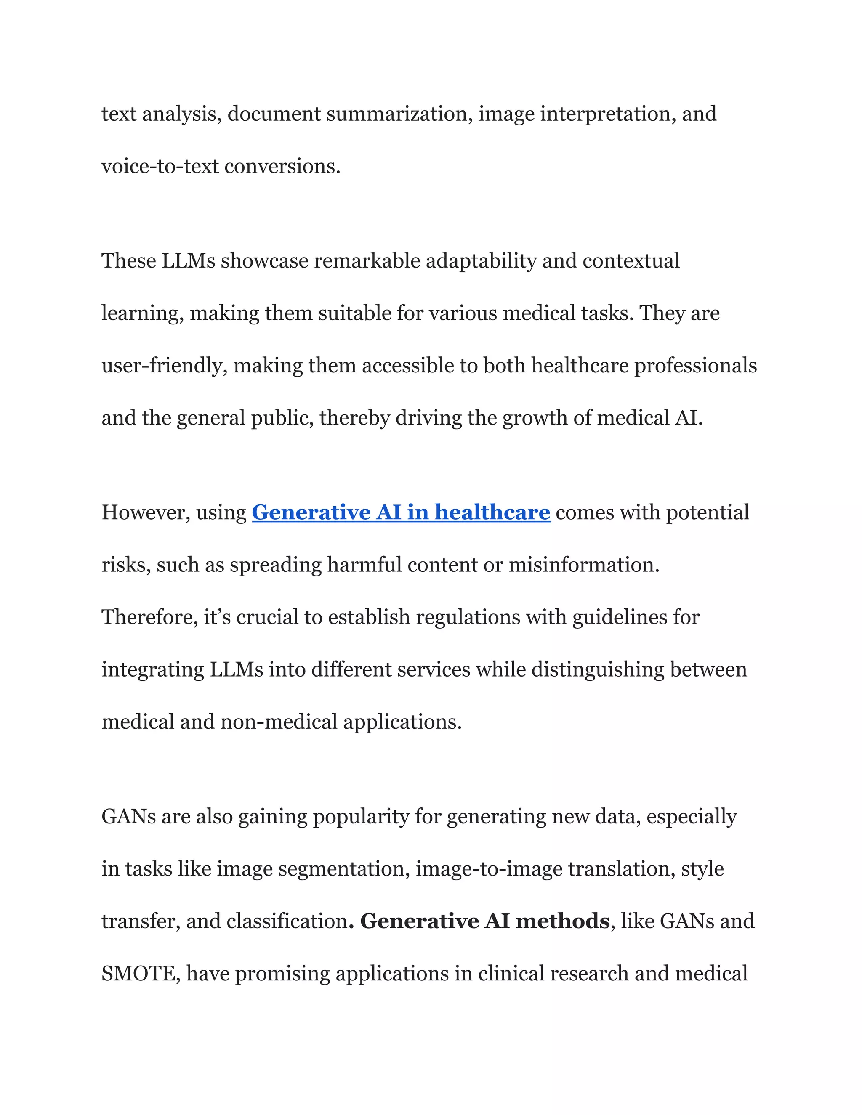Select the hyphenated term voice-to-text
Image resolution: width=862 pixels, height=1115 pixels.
pyautogui.click(x=160, y=167)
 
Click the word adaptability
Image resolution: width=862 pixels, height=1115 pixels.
pyautogui.click(x=481, y=261)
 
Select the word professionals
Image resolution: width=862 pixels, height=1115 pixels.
pyautogui.click(x=695, y=366)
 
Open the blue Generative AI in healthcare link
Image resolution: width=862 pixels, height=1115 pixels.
pyautogui.click(x=401, y=512)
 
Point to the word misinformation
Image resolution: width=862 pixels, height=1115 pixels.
pyautogui.click(x=584, y=565)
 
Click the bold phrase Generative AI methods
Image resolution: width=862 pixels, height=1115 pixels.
pyautogui.click(x=484, y=921)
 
